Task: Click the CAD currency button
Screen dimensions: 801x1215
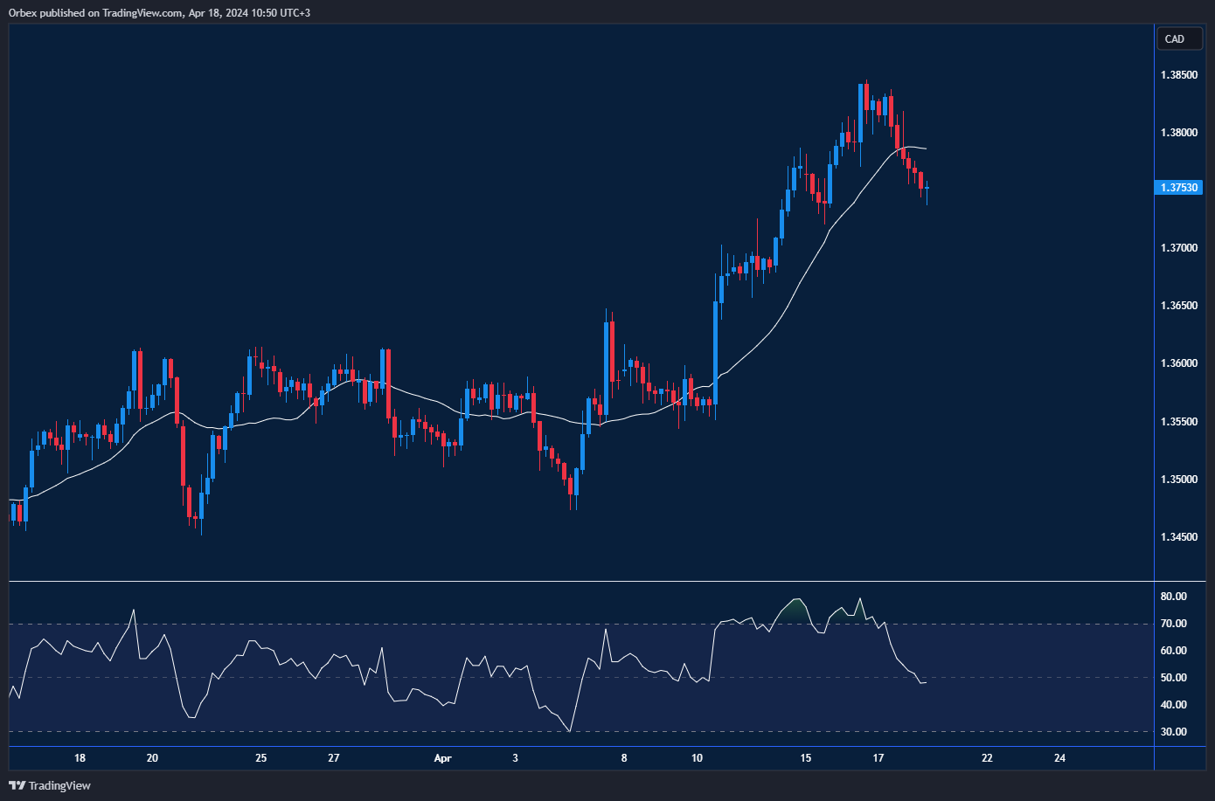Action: pos(1178,39)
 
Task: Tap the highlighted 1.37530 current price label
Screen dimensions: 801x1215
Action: pos(1179,188)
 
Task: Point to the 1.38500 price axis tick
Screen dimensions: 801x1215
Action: pos(1179,75)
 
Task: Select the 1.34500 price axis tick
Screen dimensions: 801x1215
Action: pos(1179,537)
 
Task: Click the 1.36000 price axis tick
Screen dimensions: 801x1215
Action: pos(1179,363)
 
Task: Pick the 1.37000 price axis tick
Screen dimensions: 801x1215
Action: pos(1179,248)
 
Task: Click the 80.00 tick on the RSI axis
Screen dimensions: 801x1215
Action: pos(1173,597)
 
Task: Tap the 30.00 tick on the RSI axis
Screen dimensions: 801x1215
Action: pos(1173,732)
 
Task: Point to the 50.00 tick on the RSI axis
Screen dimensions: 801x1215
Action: pos(1173,678)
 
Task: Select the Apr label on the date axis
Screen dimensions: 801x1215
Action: pos(442,758)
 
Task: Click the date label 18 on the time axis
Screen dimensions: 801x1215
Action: pos(80,758)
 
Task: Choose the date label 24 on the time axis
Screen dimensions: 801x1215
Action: pos(1059,758)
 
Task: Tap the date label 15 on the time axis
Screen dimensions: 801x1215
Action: pos(805,758)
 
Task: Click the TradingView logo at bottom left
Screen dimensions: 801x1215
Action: pos(50,785)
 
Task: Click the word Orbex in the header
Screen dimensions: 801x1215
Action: pos(22,13)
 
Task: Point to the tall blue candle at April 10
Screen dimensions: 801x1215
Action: pos(716,349)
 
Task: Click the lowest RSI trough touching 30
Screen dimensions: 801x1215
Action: pos(570,731)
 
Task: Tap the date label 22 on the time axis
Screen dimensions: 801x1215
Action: pos(987,758)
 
